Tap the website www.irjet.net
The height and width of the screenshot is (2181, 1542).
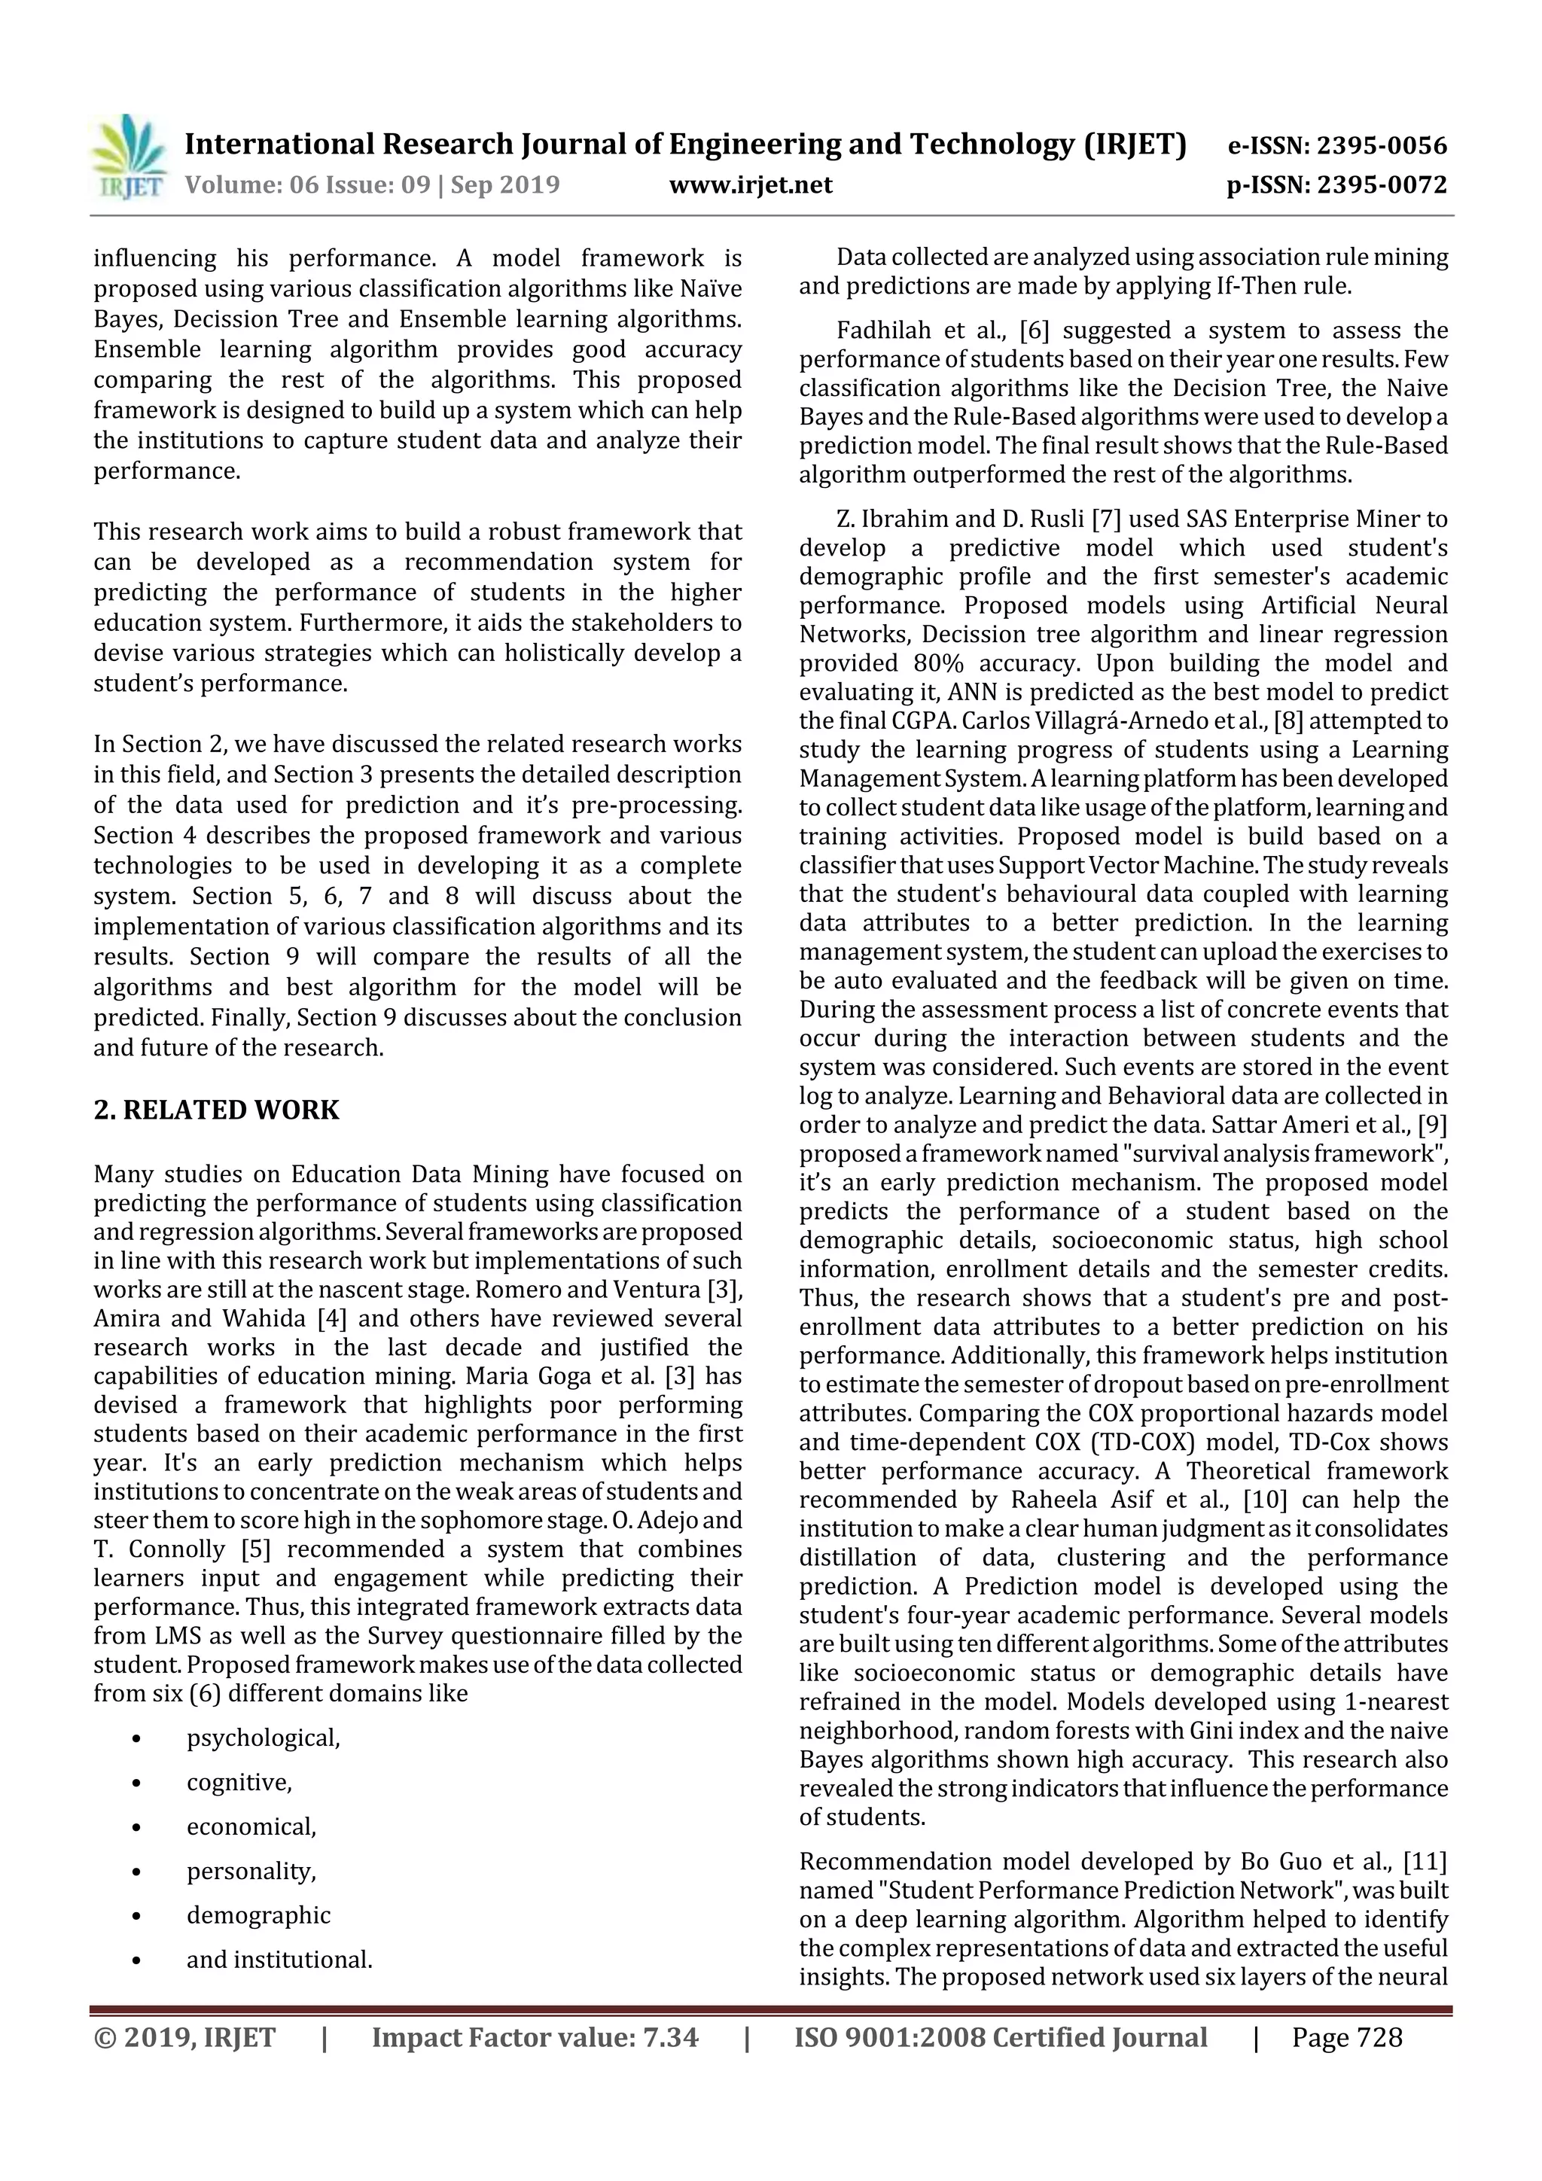click(x=751, y=184)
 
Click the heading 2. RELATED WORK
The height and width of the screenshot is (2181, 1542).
click(x=217, y=1110)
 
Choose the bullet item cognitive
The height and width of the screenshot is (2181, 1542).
click(x=239, y=1782)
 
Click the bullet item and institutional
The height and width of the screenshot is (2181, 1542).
click(x=279, y=1960)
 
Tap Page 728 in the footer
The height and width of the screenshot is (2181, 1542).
click(x=1346, y=2037)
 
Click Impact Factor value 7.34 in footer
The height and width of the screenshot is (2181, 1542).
click(x=534, y=2037)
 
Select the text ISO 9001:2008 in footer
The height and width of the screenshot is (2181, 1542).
click(x=873, y=2037)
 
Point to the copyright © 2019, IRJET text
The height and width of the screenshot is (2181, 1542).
click(x=184, y=2037)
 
